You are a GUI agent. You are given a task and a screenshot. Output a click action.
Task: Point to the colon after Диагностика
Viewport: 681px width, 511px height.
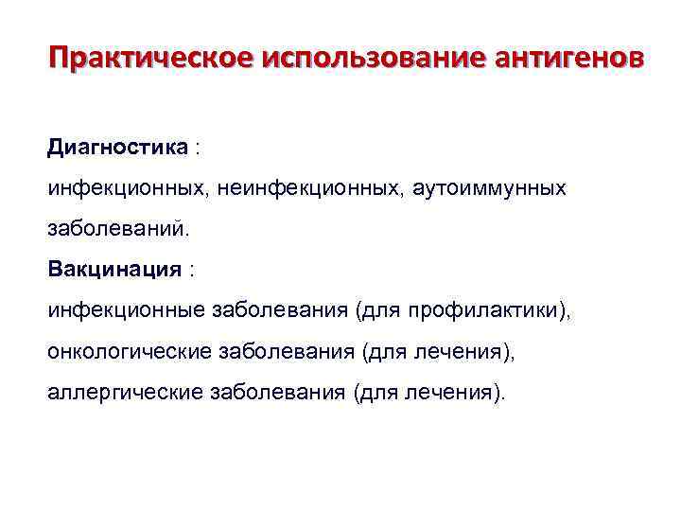[x=198, y=149]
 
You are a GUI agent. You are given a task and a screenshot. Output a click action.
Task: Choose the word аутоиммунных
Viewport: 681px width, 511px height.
[x=489, y=188]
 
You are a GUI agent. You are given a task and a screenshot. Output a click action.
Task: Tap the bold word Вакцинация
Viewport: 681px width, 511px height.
[x=114, y=270]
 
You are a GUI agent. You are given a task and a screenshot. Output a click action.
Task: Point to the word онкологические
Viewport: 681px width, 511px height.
[x=130, y=351]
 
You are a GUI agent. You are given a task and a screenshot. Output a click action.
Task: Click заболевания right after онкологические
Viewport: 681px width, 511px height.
[x=287, y=351]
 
